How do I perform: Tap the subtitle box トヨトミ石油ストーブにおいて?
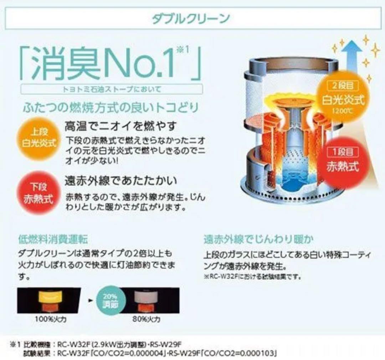[x=112, y=89]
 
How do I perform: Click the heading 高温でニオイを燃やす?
[x=120, y=125]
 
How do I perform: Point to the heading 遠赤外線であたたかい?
[x=120, y=181]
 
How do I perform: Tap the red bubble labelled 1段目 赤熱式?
[x=343, y=161]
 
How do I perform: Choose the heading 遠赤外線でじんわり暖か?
[x=258, y=239]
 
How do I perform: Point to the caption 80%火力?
[x=149, y=319]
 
